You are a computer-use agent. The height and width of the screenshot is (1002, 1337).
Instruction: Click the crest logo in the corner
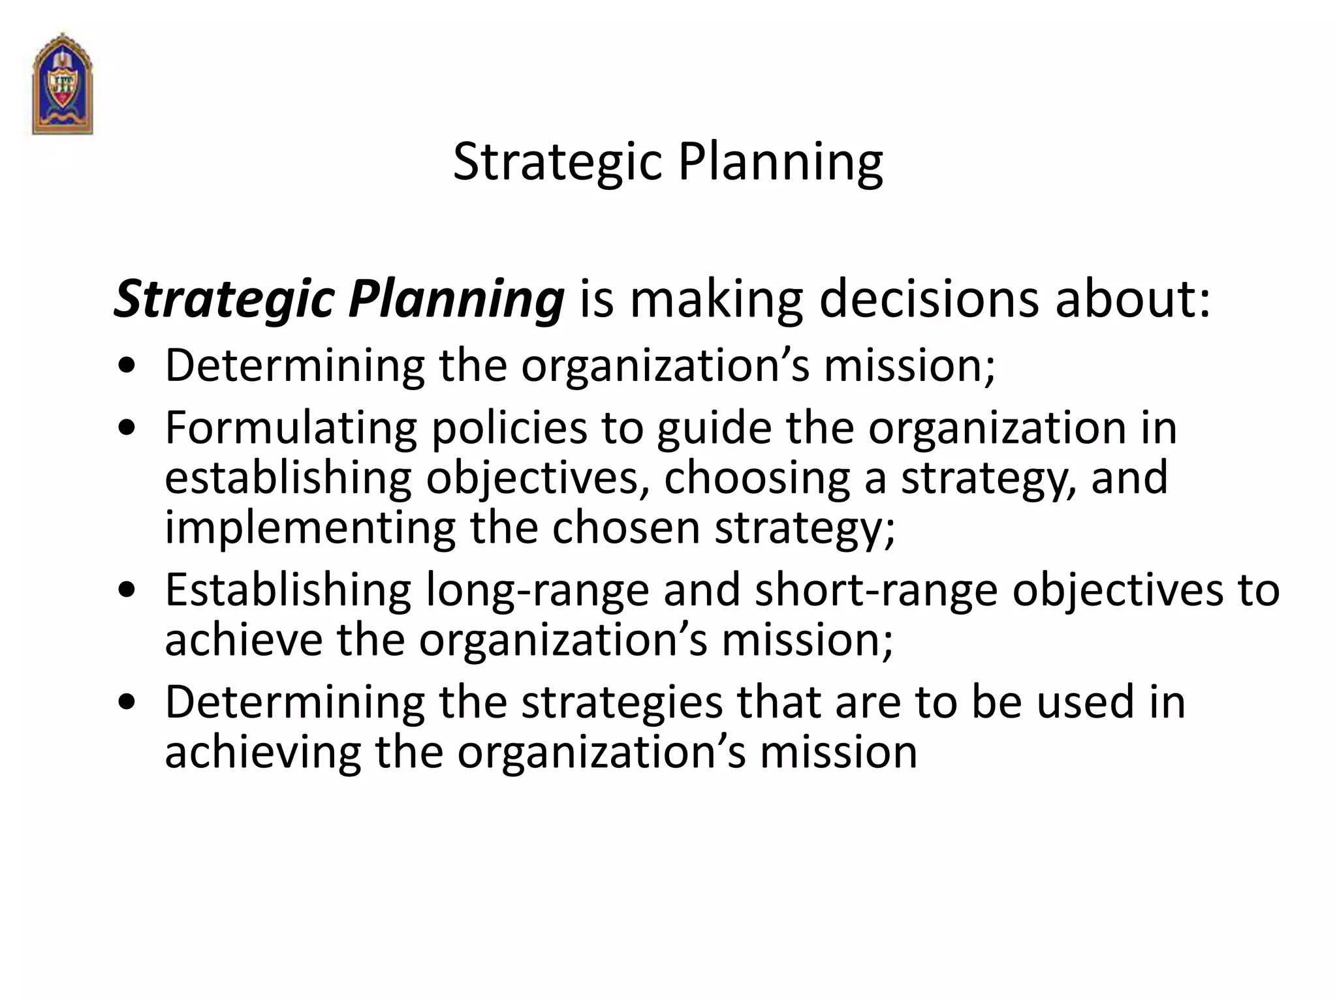click(x=63, y=83)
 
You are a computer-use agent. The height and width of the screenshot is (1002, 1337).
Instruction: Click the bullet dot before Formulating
click(x=128, y=429)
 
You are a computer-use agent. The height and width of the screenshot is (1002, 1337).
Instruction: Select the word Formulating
click(x=291, y=429)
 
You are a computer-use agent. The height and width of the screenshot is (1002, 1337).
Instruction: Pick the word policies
click(x=509, y=429)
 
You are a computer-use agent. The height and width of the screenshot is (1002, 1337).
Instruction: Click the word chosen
click(x=626, y=527)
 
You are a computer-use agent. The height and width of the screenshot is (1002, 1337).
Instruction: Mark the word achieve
click(x=244, y=640)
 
